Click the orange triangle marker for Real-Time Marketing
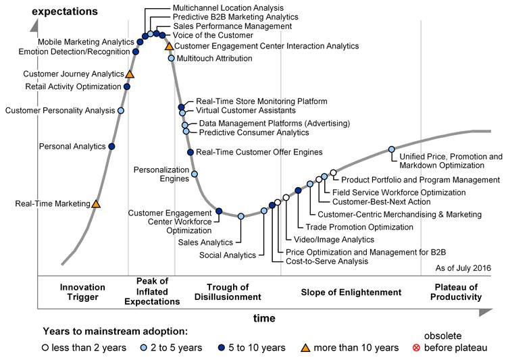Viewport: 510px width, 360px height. (x=96, y=203)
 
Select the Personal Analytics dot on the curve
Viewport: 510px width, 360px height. (x=111, y=147)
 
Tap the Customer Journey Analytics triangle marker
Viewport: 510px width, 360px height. (x=130, y=74)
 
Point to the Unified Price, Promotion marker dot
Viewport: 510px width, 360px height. (x=392, y=150)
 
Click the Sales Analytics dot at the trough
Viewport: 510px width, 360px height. (x=241, y=216)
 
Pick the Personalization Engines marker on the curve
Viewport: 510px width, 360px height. (x=195, y=174)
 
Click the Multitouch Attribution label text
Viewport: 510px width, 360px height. (x=214, y=59)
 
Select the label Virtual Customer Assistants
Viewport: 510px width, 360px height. (x=246, y=110)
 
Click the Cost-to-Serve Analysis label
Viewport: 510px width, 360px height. (x=327, y=261)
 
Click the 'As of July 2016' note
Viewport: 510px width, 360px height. (x=463, y=268)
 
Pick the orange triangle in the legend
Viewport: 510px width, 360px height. (x=305, y=347)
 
